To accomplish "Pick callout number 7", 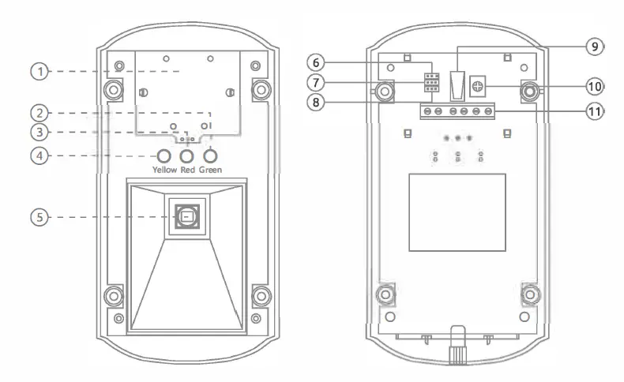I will pyautogui.click(x=316, y=82).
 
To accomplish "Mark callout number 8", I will pyautogui.click(x=316, y=102).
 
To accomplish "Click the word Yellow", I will pyautogui.click(x=165, y=170).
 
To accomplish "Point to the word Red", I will pyautogui.click(x=187, y=170).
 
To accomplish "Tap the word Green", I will pyautogui.click(x=211, y=170).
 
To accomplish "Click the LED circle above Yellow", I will pyautogui.click(x=164, y=155).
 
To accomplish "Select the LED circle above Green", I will pyautogui.click(x=210, y=155).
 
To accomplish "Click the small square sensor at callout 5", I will pyautogui.click(x=186, y=216).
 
